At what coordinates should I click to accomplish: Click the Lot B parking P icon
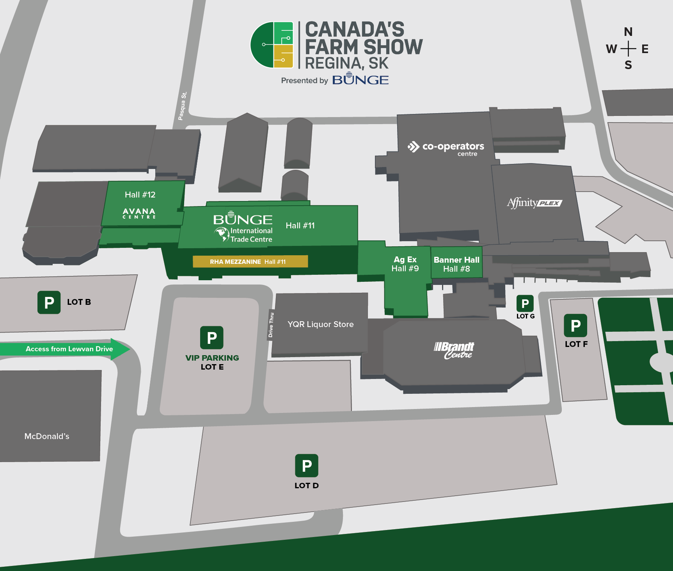(49, 302)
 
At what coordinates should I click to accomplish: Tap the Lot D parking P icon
(307, 466)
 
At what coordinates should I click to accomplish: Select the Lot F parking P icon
(575, 326)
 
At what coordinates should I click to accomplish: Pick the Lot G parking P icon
(525, 304)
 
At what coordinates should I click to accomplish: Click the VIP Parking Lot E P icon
(212, 338)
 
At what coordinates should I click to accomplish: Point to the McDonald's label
(47, 436)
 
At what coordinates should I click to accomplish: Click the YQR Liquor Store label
(321, 324)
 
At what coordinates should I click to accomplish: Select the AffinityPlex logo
(534, 203)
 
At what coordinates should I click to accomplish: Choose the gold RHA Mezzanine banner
(250, 261)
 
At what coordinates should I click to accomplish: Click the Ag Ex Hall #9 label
(405, 264)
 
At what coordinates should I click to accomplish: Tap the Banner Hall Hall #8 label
(456, 264)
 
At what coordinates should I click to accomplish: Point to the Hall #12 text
(140, 195)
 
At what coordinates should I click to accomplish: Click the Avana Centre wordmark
(139, 213)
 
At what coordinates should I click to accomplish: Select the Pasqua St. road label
(182, 106)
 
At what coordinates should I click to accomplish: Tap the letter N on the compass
(628, 32)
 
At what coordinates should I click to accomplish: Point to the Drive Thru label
(271, 325)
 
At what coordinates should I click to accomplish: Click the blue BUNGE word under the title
(360, 80)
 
